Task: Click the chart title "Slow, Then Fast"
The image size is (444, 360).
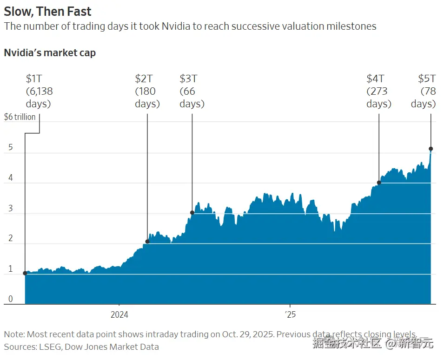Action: [x=47, y=11]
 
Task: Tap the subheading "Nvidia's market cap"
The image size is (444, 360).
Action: [x=50, y=52]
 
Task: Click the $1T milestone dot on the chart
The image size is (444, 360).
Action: [x=25, y=273]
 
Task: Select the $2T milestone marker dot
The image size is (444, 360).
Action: [x=147, y=242]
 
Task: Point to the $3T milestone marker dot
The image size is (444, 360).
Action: [x=192, y=213]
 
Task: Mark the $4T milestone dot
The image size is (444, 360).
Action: [x=379, y=183]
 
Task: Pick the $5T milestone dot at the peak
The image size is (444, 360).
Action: [x=431, y=149]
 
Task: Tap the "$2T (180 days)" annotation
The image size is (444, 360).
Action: [x=147, y=91]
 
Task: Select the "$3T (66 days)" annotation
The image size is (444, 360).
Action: [x=192, y=91]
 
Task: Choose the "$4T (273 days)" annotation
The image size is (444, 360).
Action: [x=378, y=91]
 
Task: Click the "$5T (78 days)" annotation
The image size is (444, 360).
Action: [x=424, y=91]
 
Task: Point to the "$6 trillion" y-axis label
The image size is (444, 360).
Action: [x=20, y=117]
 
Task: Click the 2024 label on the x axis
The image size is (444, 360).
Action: [x=119, y=315]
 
